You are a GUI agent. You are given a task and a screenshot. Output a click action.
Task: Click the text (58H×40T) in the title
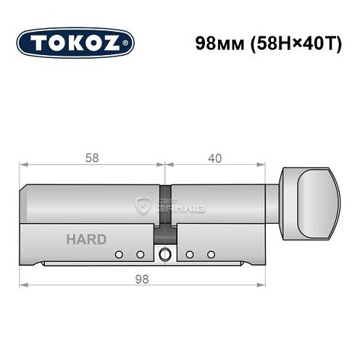(288, 43)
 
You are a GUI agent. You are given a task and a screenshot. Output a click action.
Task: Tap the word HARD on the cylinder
(85, 240)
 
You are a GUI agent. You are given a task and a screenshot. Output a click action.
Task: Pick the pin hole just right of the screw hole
(189, 254)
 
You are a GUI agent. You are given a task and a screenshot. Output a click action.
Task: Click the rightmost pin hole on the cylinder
(212, 254)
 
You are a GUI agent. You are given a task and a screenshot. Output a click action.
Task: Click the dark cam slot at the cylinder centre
(166, 235)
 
